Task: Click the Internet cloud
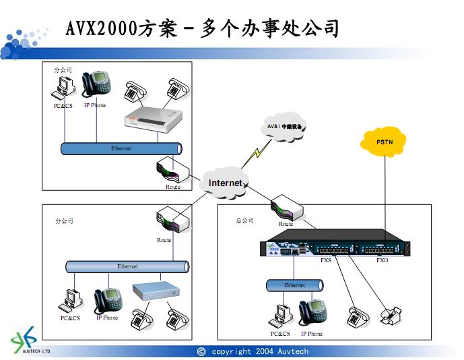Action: click(224, 183)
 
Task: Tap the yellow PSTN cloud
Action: click(385, 143)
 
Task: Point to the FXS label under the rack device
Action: click(326, 260)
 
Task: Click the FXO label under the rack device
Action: click(382, 260)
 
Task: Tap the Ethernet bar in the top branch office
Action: click(121, 148)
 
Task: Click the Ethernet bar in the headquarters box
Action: click(294, 286)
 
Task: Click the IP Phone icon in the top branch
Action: click(96, 84)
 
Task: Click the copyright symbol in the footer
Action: click(201, 351)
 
